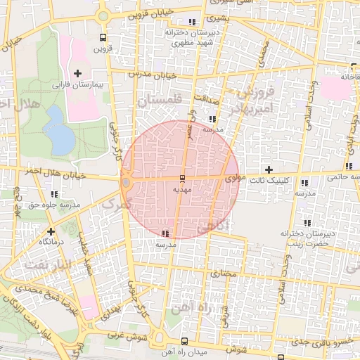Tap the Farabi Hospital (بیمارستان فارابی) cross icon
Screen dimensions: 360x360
(x=77, y=73)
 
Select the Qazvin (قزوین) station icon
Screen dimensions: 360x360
(x=103, y=37)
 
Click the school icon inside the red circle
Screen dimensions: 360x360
(x=166, y=233)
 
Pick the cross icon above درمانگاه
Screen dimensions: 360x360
(x=50, y=231)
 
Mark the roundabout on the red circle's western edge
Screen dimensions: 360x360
(x=126, y=183)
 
